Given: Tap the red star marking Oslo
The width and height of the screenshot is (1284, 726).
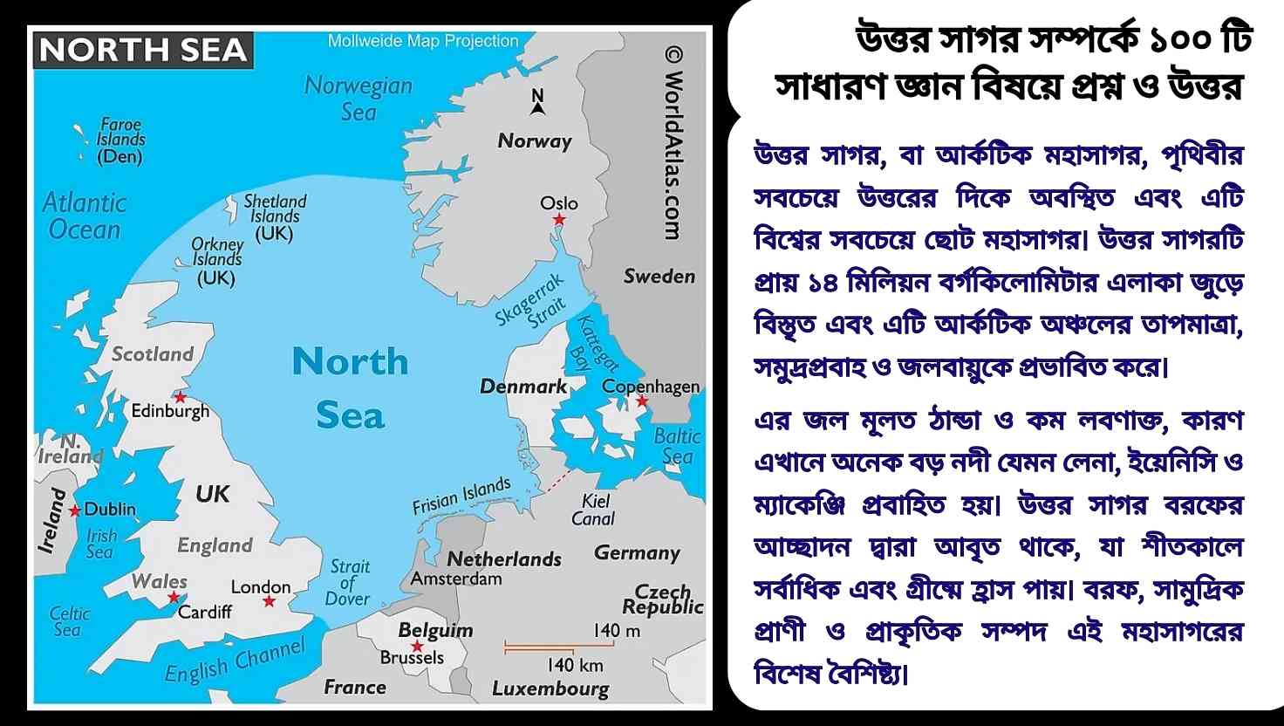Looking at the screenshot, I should (559, 220).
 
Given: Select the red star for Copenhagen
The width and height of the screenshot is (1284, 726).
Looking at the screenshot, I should (642, 401).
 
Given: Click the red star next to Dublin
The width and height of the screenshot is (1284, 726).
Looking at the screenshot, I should (75, 510).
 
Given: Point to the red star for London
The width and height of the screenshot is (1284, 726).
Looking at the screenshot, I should (269, 602).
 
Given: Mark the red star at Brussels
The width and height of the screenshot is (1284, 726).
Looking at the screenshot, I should (417, 647).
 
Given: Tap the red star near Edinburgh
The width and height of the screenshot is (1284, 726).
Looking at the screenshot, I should (181, 397).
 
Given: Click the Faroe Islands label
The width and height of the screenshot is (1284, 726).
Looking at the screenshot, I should (120, 140).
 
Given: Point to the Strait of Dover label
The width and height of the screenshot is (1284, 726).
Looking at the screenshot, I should (348, 583).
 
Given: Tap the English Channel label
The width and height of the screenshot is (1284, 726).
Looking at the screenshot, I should (235, 662).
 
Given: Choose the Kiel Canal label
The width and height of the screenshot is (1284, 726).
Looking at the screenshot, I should (594, 510).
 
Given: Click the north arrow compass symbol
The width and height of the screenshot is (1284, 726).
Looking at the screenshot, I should (537, 102).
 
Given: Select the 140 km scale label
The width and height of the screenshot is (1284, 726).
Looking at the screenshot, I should (575, 665).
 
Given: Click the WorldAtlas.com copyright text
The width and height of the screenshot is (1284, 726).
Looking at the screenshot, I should (673, 144).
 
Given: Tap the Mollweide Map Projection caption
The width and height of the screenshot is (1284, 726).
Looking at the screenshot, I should (423, 41).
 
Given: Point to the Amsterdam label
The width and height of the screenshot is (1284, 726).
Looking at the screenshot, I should (456, 579).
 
